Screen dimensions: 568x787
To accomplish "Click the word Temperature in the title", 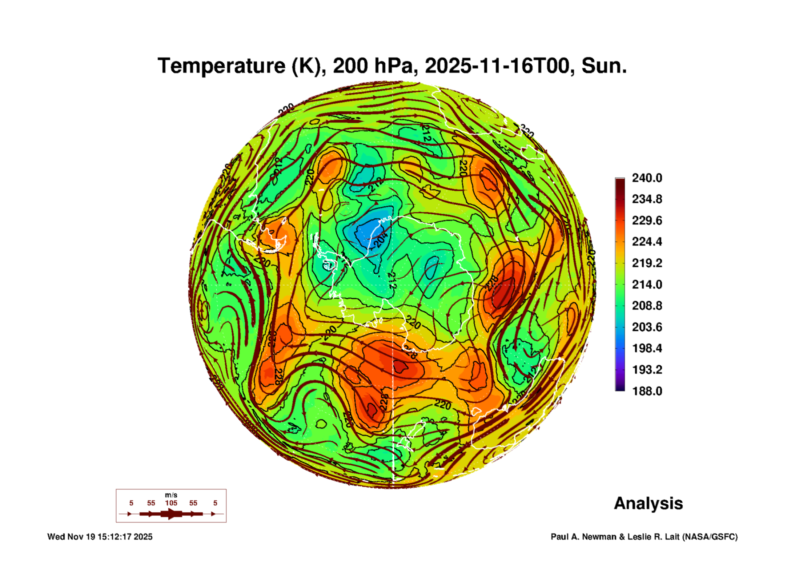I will click(221, 66).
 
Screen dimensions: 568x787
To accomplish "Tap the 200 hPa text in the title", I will click(373, 66).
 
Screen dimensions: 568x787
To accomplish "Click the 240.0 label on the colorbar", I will click(647, 178).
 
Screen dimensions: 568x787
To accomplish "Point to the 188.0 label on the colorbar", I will click(647, 391).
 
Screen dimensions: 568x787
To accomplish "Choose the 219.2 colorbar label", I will click(647, 263).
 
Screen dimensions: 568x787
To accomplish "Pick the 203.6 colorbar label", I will click(647, 327).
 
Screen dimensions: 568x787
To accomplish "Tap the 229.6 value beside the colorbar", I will click(647, 221).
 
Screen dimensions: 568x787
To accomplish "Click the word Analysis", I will click(648, 503).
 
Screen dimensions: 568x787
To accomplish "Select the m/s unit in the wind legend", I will click(171, 495).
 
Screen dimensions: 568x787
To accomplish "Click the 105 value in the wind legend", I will click(171, 503).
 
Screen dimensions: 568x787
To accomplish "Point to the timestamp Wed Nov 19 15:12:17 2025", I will click(100, 537).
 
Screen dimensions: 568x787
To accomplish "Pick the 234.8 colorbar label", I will click(647, 199).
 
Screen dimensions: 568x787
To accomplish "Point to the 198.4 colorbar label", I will click(647, 348).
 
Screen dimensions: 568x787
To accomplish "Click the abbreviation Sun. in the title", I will click(604, 66).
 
